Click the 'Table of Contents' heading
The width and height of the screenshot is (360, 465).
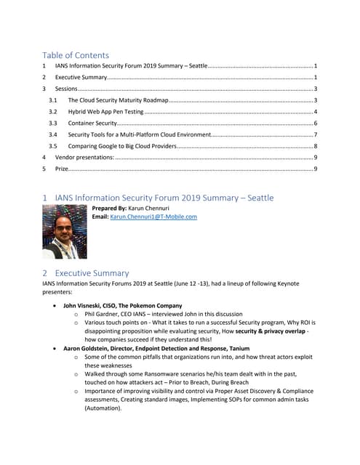pos(76,55)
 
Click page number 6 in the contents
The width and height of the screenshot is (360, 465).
pos(314,123)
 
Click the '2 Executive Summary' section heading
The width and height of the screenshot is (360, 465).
pos(85,273)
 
